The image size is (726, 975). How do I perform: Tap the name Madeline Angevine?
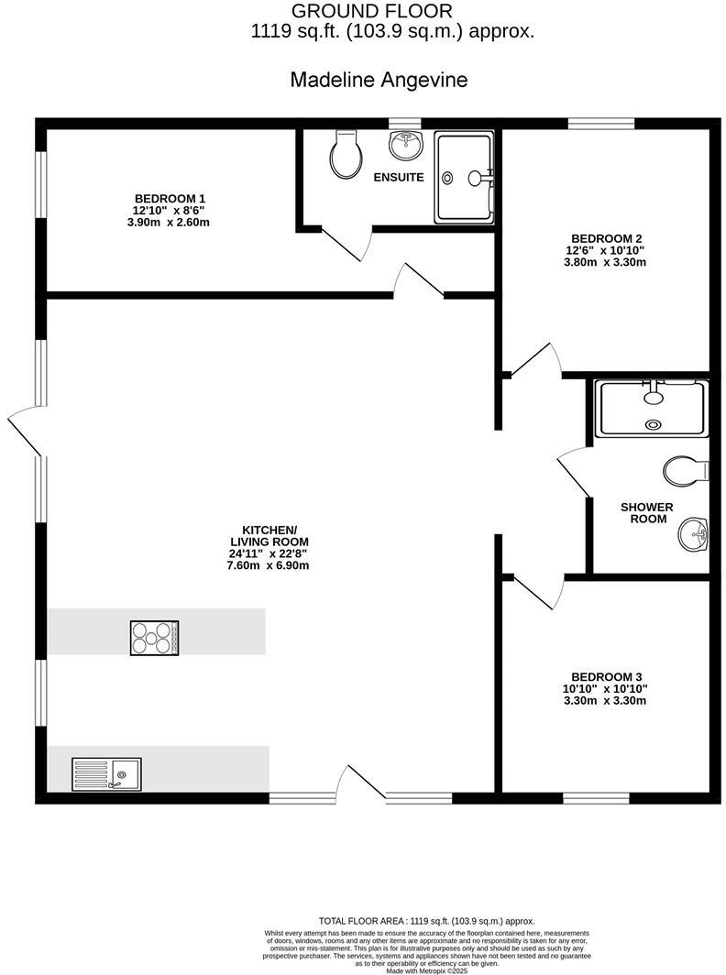pyautogui.click(x=379, y=80)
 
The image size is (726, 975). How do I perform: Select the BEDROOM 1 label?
pyautogui.click(x=170, y=199)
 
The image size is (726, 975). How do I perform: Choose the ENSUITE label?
pyautogui.click(x=399, y=177)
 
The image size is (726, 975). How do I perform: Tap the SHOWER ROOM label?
pyautogui.click(x=646, y=513)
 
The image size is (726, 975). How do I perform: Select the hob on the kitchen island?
pyautogui.click(x=154, y=637)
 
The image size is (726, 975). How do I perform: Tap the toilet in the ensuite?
pyautogui.click(x=346, y=156)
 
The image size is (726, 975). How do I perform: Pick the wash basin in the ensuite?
pyautogui.click(x=404, y=144)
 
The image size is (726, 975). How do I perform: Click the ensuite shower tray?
pyautogui.click(x=464, y=177)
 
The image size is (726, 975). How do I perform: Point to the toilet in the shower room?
pyautogui.click(x=686, y=471)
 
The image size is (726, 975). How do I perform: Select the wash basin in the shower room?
pyautogui.click(x=693, y=533)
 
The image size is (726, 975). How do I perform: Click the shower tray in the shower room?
pyautogui.click(x=652, y=409)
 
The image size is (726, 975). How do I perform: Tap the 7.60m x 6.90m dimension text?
pyautogui.click(x=269, y=565)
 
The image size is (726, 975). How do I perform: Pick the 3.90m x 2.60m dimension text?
pyautogui.click(x=170, y=223)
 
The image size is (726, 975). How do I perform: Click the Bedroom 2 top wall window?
pyautogui.click(x=601, y=123)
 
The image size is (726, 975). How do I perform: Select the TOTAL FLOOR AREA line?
pyautogui.click(x=426, y=921)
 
